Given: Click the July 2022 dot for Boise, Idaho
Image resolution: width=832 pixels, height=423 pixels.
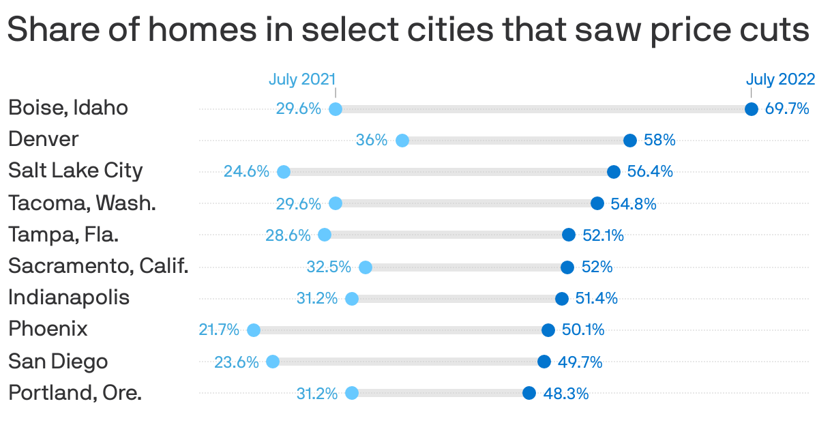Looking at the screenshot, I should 751,109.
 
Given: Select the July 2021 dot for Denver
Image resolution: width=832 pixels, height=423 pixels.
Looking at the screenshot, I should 402,141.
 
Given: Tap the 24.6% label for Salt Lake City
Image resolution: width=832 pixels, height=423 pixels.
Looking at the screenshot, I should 246,171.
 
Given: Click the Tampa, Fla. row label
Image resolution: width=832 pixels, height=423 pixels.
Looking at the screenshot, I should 63,235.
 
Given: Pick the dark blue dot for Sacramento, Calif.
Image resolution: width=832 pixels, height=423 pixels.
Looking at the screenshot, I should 567,267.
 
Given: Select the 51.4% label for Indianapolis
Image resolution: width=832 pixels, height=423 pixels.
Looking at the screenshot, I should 597,298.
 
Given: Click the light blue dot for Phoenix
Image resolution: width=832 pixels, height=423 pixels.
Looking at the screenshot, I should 254,330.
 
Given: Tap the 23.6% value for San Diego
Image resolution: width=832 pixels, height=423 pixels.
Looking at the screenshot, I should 237,362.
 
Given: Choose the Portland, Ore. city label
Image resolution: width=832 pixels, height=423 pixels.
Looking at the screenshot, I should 75,393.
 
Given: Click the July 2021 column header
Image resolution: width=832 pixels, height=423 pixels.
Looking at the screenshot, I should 302,79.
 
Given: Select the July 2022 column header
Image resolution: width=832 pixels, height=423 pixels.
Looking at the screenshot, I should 780,79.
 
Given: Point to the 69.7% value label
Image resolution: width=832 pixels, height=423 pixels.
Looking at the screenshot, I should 786,108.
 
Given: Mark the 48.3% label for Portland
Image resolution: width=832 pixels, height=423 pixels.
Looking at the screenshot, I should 565,394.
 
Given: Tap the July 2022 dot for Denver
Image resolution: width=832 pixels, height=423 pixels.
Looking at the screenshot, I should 630,141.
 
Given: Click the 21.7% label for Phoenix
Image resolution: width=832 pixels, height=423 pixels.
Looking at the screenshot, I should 219,330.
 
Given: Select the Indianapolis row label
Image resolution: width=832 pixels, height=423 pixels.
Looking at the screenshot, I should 68,297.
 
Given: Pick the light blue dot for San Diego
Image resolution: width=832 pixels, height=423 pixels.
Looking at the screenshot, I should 273,362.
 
